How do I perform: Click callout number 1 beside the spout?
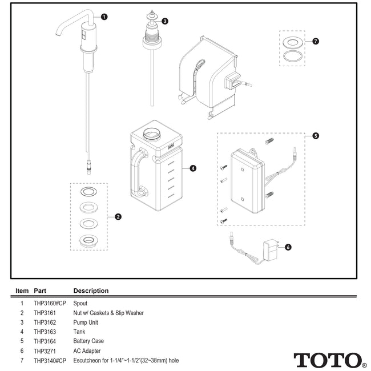(x=104, y=17)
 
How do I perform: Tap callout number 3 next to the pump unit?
(x=165, y=21)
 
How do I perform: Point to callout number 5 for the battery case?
(x=316, y=136)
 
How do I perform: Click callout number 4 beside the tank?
(x=193, y=168)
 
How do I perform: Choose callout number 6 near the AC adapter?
(x=288, y=247)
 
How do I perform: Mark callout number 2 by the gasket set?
(x=118, y=216)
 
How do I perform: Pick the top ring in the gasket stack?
(x=88, y=191)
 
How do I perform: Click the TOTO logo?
(x=330, y=361)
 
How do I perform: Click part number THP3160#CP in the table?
(x=50, y=304)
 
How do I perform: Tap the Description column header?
(x=91, y=291)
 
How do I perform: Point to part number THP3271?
(x=46, y=352)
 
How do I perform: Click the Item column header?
(x=22, y=291)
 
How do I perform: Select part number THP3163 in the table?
(x=46, y=331)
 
